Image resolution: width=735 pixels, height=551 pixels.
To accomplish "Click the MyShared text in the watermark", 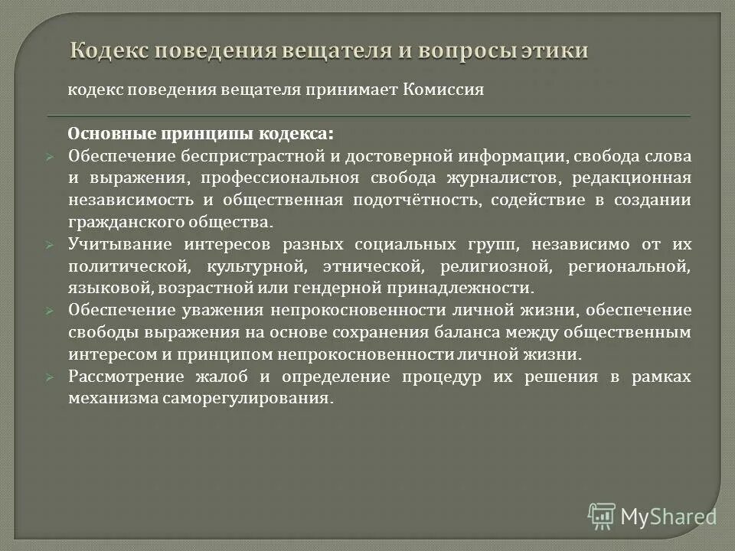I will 668,516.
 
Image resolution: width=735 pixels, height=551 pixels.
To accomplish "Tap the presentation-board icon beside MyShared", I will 602,516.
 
